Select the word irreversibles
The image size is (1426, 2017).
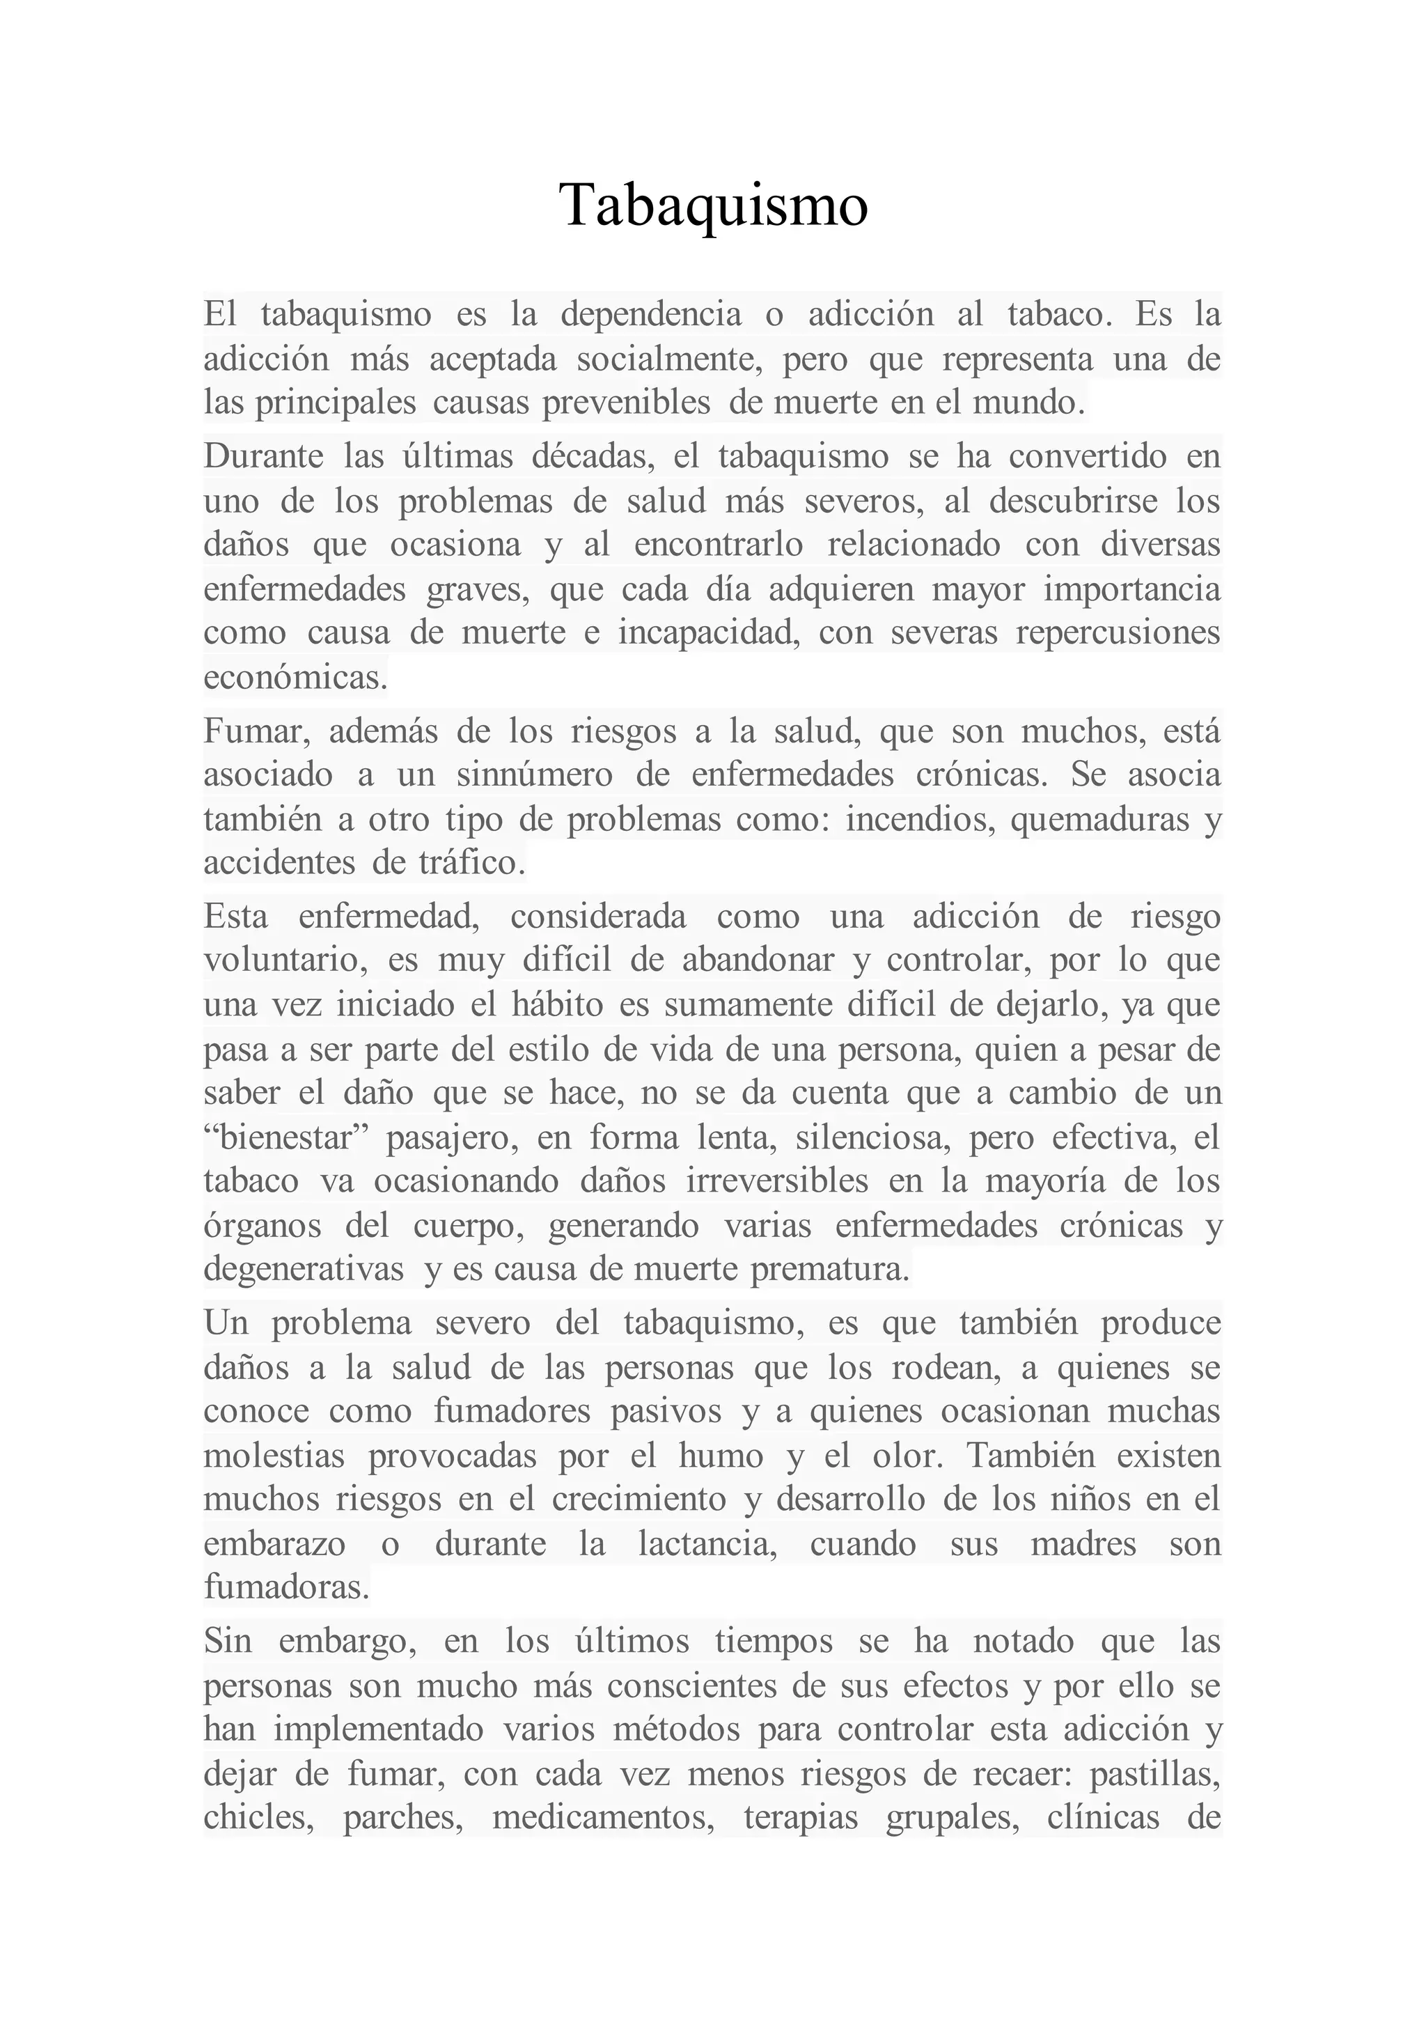[777, 1181]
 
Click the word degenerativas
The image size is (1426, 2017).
[304, 1270]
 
